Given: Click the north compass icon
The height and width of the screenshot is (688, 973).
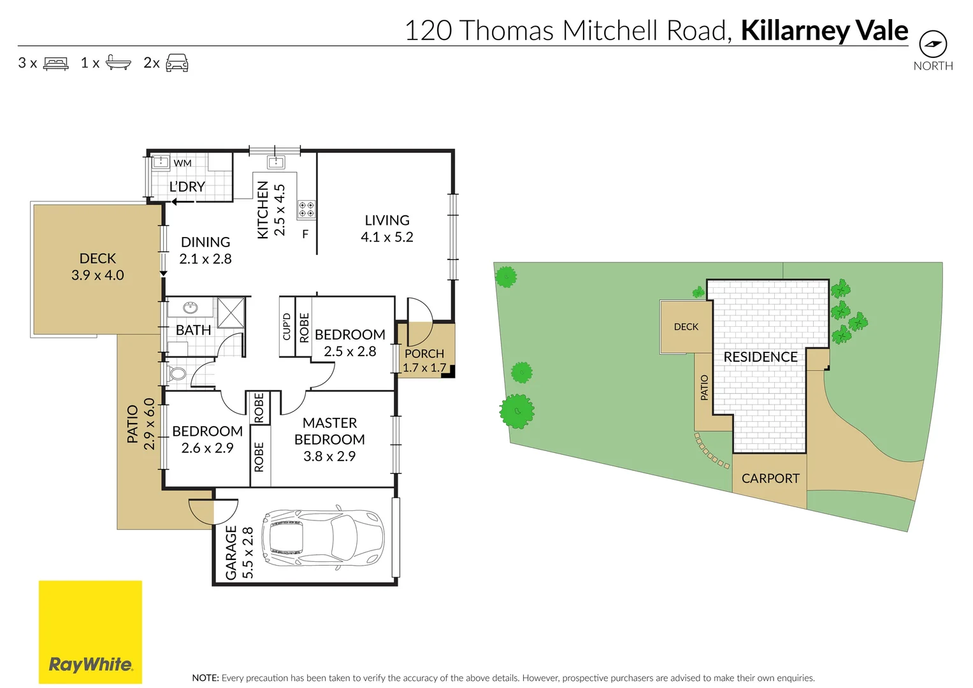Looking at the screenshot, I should (933, 44).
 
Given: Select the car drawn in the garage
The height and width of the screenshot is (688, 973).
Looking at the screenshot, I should (323, 538).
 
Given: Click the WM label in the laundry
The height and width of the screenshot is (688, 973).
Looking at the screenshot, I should (182, 163).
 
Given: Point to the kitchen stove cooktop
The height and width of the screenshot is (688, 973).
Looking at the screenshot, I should (306, 210).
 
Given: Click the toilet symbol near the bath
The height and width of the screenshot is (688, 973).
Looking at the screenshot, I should (177, 373).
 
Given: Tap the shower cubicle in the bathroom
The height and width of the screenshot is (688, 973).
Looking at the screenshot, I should (231, 312).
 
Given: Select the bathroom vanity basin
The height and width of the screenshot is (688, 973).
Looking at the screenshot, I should (190, 308).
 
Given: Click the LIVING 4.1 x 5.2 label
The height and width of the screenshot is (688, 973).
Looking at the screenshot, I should (387, 229).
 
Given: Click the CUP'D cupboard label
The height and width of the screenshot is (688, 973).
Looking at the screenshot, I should (287, 326).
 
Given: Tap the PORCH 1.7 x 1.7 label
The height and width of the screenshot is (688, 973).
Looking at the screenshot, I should (424, 361).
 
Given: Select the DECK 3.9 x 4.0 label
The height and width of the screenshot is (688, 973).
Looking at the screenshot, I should (97, 267).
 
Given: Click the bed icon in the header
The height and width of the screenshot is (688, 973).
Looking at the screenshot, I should (56, 63).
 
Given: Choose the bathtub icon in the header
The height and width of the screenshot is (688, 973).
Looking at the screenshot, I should (118, 62).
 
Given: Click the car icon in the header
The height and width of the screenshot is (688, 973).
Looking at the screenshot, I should (177, 62).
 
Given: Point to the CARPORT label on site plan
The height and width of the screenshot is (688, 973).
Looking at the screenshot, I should (770, 478).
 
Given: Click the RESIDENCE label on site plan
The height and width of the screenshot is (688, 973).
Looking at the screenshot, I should (760, 357).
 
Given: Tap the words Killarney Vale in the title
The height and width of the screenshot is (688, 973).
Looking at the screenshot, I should (824, 31).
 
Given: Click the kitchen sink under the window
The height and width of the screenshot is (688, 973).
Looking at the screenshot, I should (275, 162).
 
